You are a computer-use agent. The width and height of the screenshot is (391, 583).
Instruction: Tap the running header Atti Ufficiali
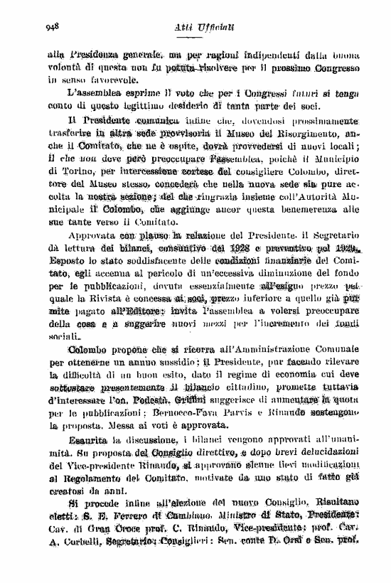tap(198, 26)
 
